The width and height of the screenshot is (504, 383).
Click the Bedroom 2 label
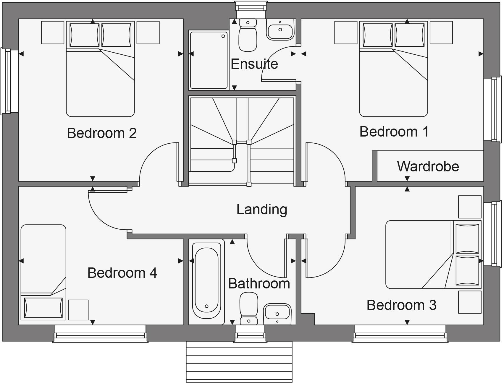102,133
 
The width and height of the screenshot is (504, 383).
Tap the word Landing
261,209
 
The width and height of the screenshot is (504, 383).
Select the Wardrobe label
428,166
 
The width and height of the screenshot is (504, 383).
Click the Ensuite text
254,64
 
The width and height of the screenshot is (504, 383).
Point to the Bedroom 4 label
122,273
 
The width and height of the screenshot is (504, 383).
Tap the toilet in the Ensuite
248,35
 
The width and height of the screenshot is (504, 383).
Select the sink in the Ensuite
280,30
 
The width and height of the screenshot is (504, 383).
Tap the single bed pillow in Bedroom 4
43,308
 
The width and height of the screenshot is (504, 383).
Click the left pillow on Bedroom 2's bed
84,35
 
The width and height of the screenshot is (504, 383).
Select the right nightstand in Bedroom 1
441,33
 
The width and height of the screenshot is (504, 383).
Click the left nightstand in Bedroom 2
53,33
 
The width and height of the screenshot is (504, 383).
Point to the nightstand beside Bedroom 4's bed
78,310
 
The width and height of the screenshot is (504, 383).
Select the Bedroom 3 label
401,305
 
